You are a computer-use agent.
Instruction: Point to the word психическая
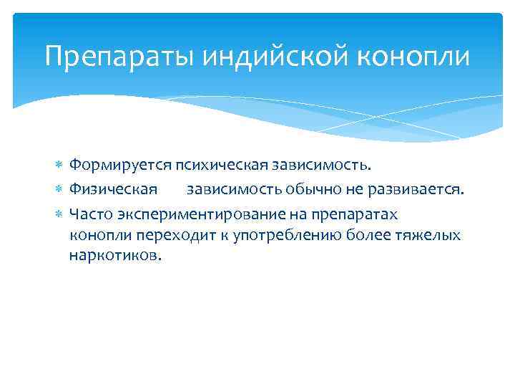click(219, 166)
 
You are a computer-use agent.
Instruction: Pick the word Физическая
click(113, 189)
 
